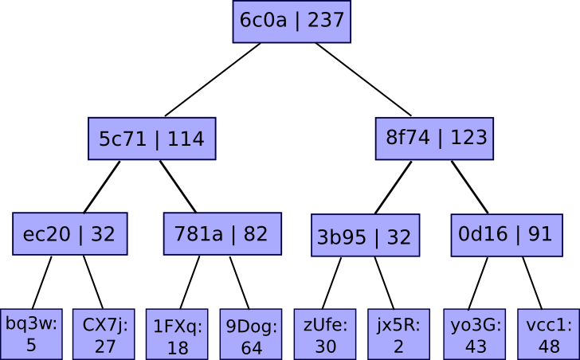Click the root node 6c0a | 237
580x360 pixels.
tap(292, 21)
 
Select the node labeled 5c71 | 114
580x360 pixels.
tap(151, 139)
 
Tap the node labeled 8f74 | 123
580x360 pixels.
tap(435, 138)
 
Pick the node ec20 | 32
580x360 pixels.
tap(70, 234)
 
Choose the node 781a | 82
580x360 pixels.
tap(221, 234)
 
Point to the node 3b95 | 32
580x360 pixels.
tap(364, 237)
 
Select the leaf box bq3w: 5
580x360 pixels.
tap(31, 334)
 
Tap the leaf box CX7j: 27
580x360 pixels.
tap(105, 334)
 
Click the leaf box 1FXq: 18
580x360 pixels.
tap(178, 335)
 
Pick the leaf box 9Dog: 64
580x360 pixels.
tap(252, 335)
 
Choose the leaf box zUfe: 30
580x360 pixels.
tap(325, 334)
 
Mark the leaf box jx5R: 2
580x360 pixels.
tap(398, 334)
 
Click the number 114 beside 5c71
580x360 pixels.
tap(186, 139)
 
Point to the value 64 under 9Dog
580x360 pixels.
tap(252, 348)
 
